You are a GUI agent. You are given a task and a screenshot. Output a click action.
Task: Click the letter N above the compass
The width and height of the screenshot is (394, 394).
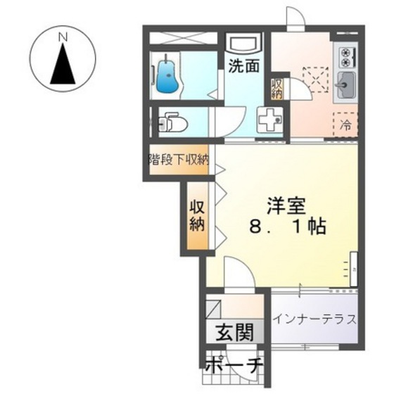(63, 34)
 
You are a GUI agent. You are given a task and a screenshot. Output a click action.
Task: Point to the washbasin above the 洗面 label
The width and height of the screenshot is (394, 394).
(243, 42)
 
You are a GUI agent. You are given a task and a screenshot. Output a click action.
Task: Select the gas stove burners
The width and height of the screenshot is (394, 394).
(347, 55)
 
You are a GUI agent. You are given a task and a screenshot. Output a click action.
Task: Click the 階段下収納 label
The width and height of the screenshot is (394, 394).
(178, 158)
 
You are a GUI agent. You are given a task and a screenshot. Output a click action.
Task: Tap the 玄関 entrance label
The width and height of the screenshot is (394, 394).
(229, 333)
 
